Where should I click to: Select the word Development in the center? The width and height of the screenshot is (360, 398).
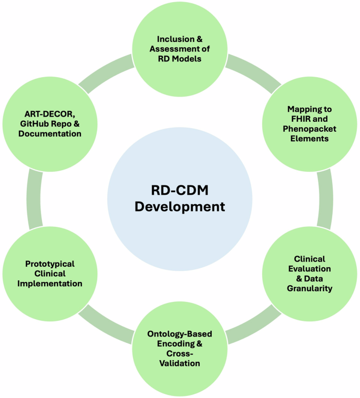click(x=180, y=206)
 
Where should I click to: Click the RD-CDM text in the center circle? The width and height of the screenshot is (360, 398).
click(x=180, y=190)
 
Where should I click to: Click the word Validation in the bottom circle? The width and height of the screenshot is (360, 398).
click(x=180, y=363)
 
